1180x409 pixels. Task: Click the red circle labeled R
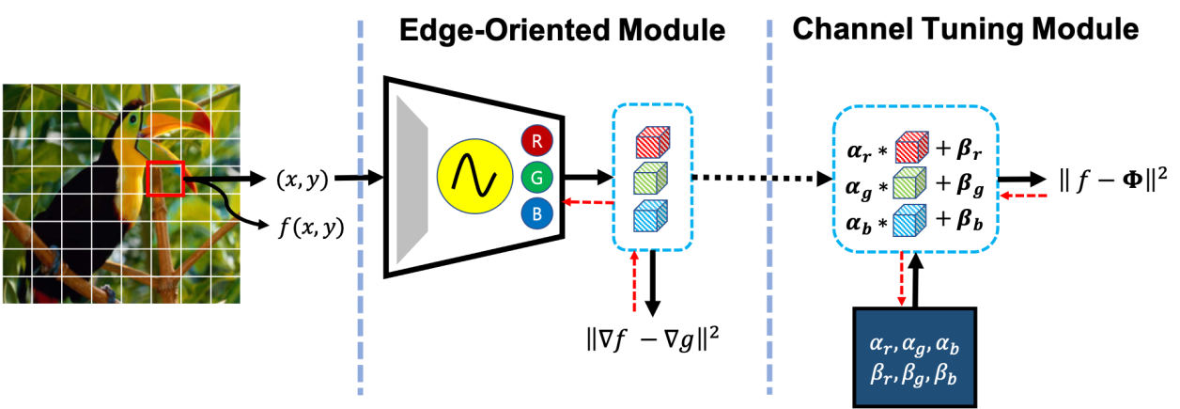[536, 142]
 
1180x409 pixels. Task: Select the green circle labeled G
[536, 178]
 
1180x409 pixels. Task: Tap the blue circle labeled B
[536, 213]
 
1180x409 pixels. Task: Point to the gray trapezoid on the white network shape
[411, 179]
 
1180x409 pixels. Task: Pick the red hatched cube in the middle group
[651, 142]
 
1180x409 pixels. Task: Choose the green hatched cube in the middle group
[651, 178]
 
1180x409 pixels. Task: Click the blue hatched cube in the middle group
[651, 215]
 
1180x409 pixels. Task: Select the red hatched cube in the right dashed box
[910, 148]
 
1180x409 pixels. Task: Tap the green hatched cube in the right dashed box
[908, 182]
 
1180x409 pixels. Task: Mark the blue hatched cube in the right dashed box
[908, 220]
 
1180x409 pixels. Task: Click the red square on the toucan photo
[165, 178]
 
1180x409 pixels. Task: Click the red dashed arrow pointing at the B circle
[587, 202]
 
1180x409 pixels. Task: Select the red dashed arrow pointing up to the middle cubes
[634, 281]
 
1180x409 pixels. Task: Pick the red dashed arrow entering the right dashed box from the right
[1023, 196]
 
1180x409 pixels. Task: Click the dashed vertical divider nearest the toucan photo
[360, 207]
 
